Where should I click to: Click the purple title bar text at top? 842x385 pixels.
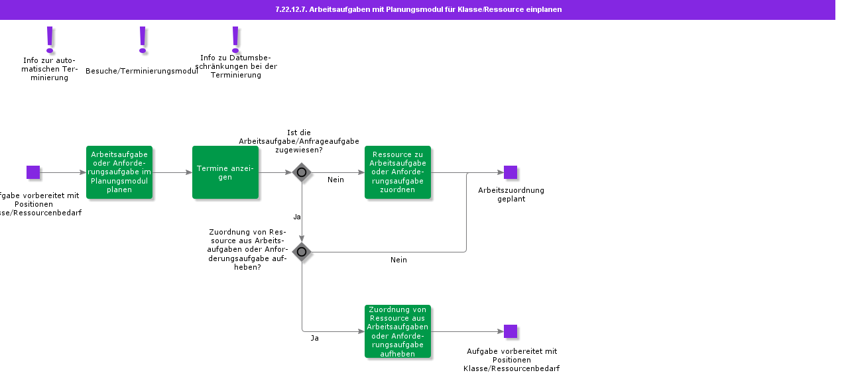point(418,9)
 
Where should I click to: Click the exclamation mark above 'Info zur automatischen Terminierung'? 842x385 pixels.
point(50,40)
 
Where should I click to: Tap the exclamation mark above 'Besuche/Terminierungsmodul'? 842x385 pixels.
point(142,40)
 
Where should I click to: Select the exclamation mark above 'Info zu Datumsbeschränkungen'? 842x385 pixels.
point(235,40)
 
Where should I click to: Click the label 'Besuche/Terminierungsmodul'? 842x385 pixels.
point(142,71)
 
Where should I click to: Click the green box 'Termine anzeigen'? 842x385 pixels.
point(225,172)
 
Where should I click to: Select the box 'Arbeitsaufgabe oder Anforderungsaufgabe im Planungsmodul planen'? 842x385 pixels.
point(119,172)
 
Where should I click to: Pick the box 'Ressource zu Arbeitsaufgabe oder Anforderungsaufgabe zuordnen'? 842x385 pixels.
point(398,172)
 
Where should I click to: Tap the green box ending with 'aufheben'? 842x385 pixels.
point(398,331)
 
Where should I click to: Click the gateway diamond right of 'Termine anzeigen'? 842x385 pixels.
point(302,172)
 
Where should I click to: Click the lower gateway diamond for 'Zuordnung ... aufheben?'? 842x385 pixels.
point(302,252)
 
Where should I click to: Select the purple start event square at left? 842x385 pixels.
point(33,172)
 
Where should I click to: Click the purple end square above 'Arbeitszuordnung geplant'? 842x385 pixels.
point(511,172)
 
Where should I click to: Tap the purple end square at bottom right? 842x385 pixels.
point(511,331)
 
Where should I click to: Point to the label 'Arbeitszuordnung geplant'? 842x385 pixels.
point(511,194)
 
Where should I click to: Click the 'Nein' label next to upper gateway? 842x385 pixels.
point(335,180)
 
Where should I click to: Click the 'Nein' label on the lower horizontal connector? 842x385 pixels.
point(398,260)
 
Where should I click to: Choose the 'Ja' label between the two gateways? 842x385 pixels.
point(297,217)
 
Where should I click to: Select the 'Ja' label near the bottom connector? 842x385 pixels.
point(315,338)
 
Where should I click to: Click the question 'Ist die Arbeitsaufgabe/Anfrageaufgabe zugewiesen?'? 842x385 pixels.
point(299,141)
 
